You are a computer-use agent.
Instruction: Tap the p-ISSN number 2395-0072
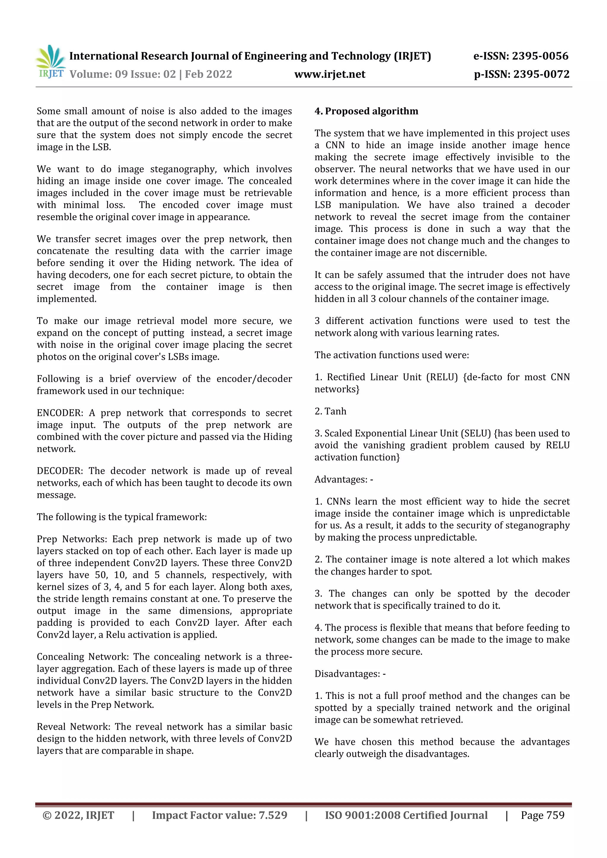click(x=541, y=74)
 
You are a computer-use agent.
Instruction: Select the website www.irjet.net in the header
click(x=330, y=74)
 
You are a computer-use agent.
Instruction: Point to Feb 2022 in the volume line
click(x=208, y=74)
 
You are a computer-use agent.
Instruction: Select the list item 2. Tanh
click(x=330, y=411)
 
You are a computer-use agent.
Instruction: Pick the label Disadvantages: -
click(x=350, y=673)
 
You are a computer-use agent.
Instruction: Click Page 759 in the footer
click(x=542, y=815)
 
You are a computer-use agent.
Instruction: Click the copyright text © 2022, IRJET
click(x=79, y=815)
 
